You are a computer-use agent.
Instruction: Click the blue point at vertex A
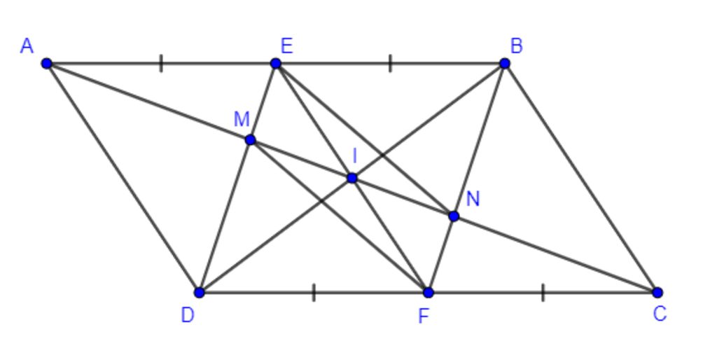[x=47, y=63]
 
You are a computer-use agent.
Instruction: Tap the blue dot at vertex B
[x=504, y=63]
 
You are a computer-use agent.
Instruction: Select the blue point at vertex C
[x=657, y=292]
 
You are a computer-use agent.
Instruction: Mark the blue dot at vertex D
[x=200, y=292]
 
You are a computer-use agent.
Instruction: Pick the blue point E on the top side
[x=275, y=63]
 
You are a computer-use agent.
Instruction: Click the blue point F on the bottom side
[x=428, y=292]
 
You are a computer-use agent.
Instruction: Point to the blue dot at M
[x=250, y=139]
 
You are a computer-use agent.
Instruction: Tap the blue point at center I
[x=351, y=177]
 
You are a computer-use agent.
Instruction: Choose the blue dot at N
[x=454, y=216]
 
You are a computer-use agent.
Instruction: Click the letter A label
[x=27, y=46]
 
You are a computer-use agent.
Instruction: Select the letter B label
[x=516, y=46]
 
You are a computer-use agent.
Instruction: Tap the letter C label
[x=660, y=314]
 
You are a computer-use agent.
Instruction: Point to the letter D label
[x=188, y=314]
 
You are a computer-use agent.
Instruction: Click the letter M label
[x=242, y=119]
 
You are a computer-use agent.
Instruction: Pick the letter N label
[x=473, y=199]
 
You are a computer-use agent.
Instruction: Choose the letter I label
[x=354, y=156]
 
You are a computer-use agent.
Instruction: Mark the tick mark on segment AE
[x=161, y=63]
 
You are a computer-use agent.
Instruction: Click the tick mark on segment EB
[x=390, y=63]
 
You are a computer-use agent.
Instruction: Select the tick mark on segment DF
[x=314, y=292]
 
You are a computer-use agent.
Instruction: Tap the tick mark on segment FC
[x=543, y=292]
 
